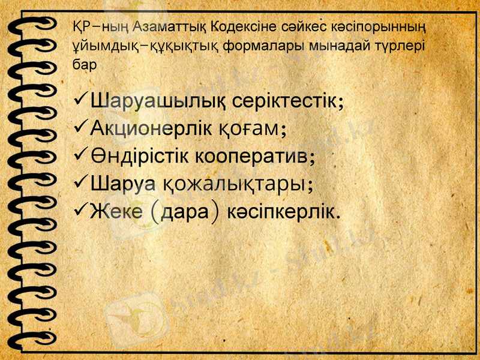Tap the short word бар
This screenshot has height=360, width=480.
83,65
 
